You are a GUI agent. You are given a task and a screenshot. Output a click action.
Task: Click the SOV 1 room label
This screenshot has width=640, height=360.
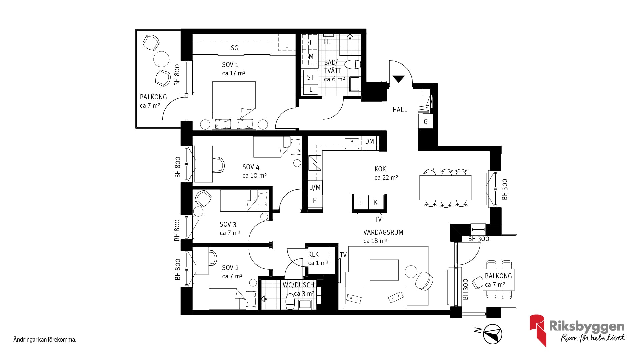[x=230, y=65]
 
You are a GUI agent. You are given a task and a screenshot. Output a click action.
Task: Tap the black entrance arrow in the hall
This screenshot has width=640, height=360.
[x=398, y=79]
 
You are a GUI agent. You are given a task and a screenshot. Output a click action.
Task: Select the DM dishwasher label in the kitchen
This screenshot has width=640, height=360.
[x=369, y=141]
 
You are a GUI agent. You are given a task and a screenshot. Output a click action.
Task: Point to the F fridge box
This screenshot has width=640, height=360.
[x=361, y=202]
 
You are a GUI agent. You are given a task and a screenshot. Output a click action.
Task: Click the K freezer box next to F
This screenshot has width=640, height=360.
[x=376, y=202]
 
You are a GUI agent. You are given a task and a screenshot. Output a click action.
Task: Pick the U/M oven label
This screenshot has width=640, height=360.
[x=315, y=187]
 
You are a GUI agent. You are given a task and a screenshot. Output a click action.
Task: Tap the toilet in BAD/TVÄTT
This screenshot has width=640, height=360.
[x=352, y=64]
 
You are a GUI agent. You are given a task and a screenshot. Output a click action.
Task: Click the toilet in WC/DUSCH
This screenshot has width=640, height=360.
[x=290, y=302]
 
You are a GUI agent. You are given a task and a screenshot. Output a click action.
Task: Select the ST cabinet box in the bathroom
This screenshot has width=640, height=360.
[x=310, y=77]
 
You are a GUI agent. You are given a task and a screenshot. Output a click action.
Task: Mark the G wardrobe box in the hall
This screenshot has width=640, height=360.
[x=426, y=122]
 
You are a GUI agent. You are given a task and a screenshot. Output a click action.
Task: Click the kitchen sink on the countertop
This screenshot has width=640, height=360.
[x=352, y=144]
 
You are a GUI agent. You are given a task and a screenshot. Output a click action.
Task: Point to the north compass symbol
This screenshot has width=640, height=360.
[x=493, y=334]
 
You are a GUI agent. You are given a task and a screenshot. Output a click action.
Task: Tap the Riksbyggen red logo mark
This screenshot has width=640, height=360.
[x=537, y=330]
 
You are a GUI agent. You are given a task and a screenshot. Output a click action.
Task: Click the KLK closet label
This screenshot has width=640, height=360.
[x=313, y=254]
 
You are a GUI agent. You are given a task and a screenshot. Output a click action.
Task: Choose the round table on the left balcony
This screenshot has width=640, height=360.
[x=161, y=59]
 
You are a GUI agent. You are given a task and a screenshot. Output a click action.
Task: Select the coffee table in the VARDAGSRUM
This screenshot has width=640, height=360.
[x=384, y=270]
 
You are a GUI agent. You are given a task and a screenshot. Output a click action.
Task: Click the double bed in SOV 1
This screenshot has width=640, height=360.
[x=234, y=105]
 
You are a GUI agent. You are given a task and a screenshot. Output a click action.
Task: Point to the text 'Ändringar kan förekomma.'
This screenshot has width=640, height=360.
[x=45, y=340]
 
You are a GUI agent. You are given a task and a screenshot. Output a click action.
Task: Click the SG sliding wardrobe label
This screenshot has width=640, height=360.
[x=235, y=48]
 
